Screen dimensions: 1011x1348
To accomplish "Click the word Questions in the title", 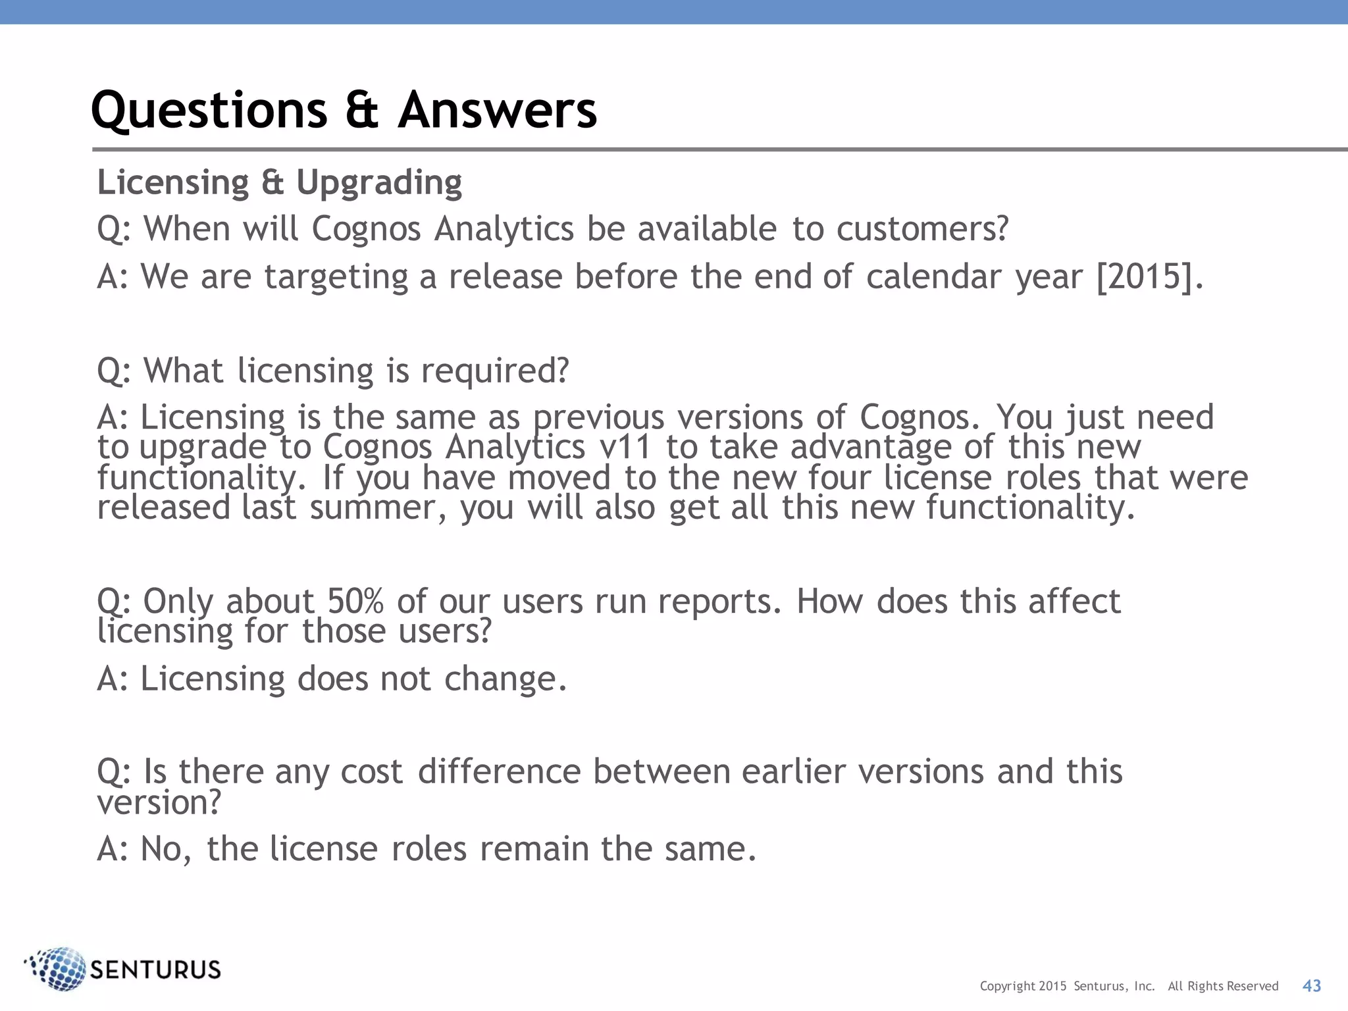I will [x=209, y=110].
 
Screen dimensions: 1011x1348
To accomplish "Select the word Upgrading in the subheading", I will [x=379, y=182].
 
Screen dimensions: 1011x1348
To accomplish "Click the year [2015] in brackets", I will [x=1145, y=276].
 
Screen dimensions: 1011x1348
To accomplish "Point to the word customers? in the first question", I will [x=922, y=229].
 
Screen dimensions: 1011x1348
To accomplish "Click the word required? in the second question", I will [x=495, y=371].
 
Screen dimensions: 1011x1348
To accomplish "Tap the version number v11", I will [x=625, y=448].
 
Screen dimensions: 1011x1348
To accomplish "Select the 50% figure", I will [x=355, y=601].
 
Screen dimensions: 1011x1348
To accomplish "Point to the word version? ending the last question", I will [x=159, y=802].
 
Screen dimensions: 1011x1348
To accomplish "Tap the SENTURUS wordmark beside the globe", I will [x=155, y=970].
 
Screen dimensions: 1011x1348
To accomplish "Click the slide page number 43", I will [x=1311, y=985].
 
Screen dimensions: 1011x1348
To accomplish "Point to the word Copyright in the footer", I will [x=1007, y=986].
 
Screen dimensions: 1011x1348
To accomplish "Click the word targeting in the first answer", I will [x=336, y=277].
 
